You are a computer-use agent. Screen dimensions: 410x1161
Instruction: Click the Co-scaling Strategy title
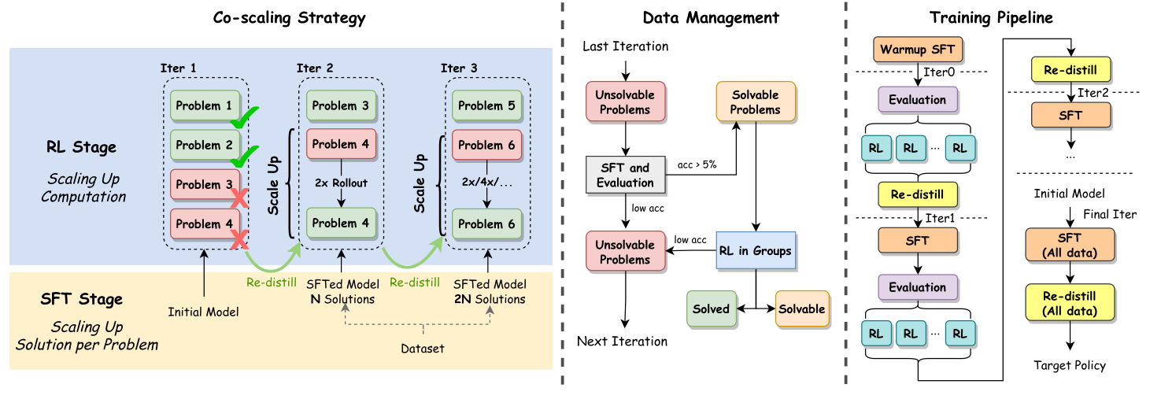pos(289,17)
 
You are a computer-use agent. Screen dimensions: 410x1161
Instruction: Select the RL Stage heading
pos(80,146)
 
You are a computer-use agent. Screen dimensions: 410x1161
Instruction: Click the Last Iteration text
pos(625,46)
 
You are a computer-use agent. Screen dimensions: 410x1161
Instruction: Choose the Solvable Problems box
pos(755,102)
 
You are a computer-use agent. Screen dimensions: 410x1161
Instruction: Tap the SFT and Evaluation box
pos(625,175)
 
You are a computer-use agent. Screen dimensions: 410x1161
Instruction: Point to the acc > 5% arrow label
pos(697,165)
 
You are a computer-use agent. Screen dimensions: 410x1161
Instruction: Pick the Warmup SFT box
pos(917,50)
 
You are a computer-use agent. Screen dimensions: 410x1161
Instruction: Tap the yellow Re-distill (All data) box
pos(1069,304)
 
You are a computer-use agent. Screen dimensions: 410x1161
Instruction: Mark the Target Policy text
pos(1069,365)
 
